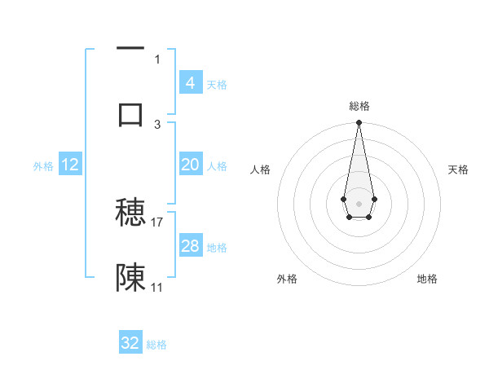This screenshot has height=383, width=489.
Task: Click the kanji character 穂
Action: [130, 214]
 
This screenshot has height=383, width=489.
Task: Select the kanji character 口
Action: [130, 113]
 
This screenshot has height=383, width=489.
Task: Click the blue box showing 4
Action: [190, 82]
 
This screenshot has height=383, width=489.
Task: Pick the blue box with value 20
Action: [190, 165]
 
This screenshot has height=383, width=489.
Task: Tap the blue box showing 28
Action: [190, 246]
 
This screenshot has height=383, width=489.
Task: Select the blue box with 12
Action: [70, 165]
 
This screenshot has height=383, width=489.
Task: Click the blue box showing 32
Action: [130, 343]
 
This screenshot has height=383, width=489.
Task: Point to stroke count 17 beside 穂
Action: [157, 222]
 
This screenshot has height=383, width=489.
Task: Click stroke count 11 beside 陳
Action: [157, 287]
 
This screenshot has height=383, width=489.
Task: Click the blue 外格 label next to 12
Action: [43, 166]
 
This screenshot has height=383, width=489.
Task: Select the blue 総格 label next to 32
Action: [156, 345]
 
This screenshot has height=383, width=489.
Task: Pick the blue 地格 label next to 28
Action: [217, 248]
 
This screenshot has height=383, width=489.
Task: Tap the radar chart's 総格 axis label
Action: [359, 106]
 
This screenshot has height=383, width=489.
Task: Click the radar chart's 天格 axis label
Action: [459, 169]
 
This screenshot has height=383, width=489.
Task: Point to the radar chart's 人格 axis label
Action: [260, 169]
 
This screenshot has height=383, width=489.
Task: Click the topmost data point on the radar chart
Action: [359, 123]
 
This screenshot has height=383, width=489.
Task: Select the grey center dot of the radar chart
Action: [359, 203]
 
